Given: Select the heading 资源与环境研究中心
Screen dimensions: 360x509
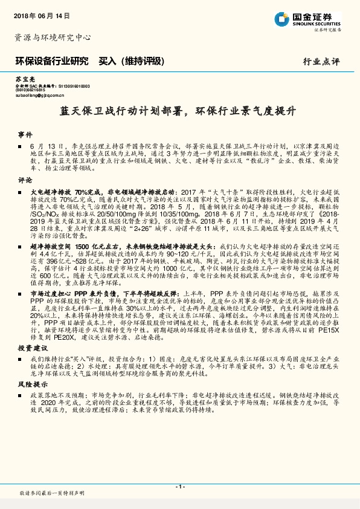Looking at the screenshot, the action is click(53, 37).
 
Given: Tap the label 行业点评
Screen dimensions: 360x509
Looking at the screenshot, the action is click(321, 62).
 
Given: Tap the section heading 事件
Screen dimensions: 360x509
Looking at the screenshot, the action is click(24, 134).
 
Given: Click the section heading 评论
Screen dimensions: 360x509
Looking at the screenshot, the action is click(24, 180).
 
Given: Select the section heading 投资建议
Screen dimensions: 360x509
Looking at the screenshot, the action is click(30, 348).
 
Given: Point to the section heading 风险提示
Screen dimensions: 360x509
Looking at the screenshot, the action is click(30, 384).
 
